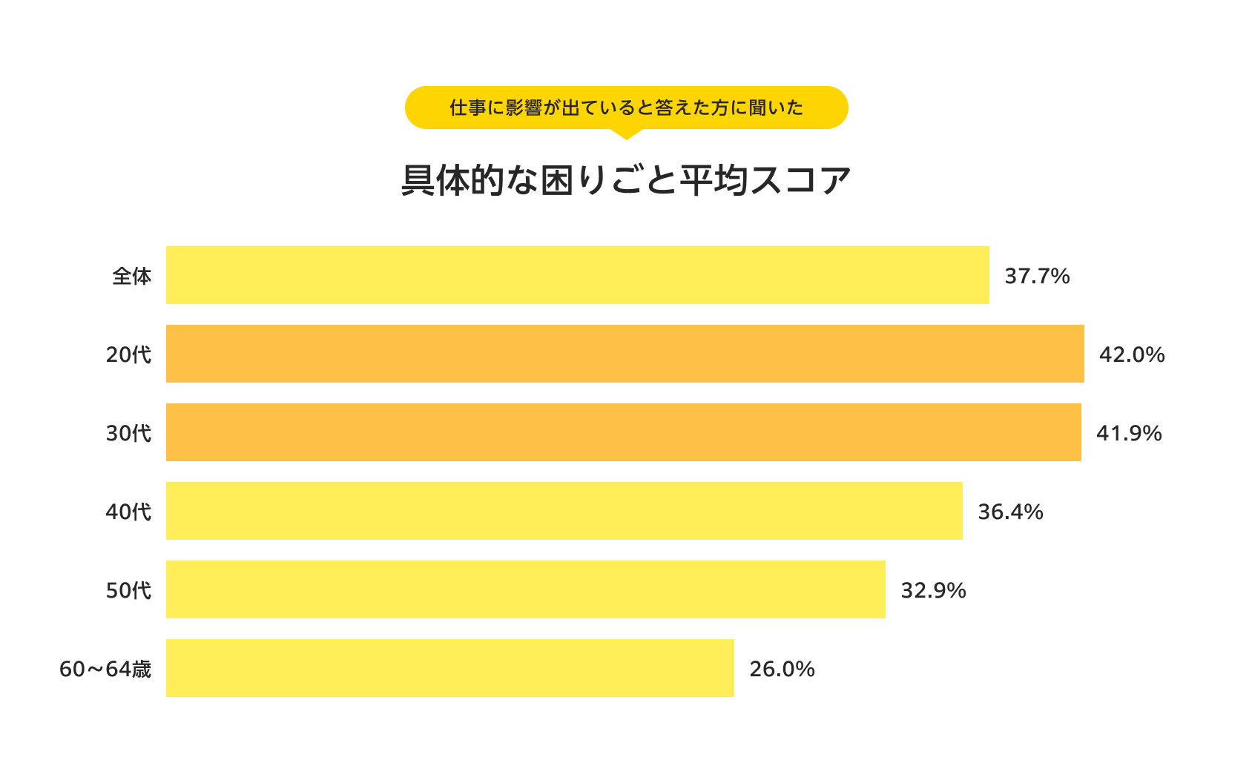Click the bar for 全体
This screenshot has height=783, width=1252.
click(x=577, y=275)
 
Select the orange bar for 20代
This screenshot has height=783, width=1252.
click(x=625, y=354)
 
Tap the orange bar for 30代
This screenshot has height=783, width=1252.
click(x=623, y=432)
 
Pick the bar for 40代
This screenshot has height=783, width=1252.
click(x=564, y=511)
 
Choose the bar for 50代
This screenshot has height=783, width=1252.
click(x=525, y=589)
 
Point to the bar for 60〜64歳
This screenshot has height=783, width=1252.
click(x=449, y=668)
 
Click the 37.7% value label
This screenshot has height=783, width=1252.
click(x=1037, y=276)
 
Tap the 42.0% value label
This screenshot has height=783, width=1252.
click(x=1132, y=354)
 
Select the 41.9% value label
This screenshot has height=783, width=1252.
click(x=1129, y=433)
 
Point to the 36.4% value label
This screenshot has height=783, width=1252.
click(x=1010, y=512)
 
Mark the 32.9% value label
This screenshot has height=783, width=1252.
click(x=933, y=590)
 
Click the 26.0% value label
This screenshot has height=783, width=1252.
click(x=782, y=669)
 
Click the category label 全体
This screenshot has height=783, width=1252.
click(x=132, y=276)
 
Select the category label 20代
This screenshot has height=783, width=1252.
click(x=128, y=354)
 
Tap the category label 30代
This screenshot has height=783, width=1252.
click(x=128, y=433)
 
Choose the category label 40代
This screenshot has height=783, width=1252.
click(x=128, y=512)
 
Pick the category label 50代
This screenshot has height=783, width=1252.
click(x=128, y=590)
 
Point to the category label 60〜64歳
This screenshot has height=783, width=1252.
click(x=105, y=669)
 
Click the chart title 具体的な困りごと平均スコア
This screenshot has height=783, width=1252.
click(x=626, y=180)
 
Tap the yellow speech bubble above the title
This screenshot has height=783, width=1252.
click(x=626, y=108)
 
